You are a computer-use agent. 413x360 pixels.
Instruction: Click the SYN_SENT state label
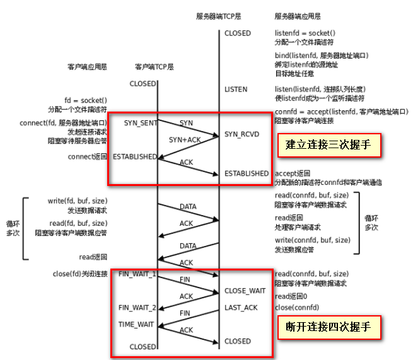point(139,122)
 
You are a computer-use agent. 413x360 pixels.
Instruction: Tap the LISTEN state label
point(236,90)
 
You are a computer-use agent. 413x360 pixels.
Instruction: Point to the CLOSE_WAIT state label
point(245,291)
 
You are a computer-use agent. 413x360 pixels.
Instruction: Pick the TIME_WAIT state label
point(136,324)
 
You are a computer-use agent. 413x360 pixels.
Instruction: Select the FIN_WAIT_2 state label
point(137,308)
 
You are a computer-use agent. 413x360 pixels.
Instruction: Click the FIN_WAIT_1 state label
point(137,274)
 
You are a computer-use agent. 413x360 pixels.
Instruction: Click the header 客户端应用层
point(87,66)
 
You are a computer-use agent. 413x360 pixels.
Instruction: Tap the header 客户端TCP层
point(154,66)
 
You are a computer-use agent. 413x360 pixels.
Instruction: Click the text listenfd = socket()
point(304,33)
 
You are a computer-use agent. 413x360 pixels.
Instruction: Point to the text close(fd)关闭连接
point(80,274)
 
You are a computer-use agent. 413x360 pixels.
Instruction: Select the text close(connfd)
point(297,308)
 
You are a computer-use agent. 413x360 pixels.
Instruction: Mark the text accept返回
point(293,173)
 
